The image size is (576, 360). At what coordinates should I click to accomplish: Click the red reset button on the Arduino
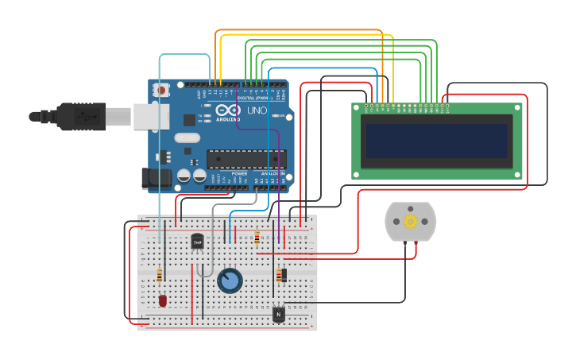(162, 90)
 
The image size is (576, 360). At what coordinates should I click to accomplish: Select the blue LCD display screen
(436, 141)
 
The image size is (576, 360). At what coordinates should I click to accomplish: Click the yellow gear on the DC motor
(410, 222)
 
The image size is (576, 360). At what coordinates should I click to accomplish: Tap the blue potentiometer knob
(230, 281)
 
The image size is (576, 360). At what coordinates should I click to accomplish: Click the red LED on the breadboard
(163, 300)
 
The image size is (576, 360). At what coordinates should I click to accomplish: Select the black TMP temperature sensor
(197, 242)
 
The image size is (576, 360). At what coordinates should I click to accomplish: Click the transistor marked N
(278, 314)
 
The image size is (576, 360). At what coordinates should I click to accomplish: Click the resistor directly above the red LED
(160, 275)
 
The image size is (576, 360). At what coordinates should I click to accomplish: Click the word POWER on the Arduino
(239, 173)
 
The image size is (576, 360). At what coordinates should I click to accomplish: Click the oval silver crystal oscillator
(187, 137)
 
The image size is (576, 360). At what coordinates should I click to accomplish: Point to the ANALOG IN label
(273, 173)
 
